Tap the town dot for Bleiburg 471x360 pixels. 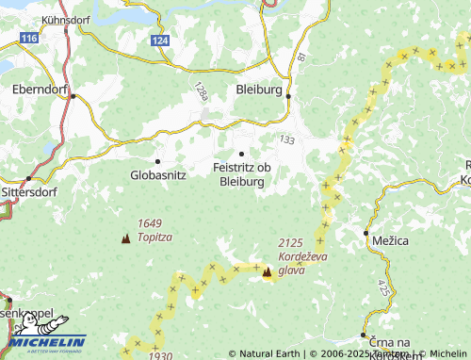point(288,96)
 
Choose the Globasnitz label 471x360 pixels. point(157,174)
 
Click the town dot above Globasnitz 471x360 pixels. point(157,161)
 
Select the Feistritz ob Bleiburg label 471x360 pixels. point(244,174)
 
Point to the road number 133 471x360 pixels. point(287,139)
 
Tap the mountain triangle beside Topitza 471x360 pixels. point(125,238)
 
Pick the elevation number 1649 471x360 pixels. point(149,222)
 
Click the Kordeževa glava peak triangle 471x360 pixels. point(267,272)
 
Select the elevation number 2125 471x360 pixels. point(291,243)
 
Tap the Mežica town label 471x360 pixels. point(390,241)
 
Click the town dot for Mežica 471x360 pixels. point(365,232)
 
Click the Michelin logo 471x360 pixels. point(47,342)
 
